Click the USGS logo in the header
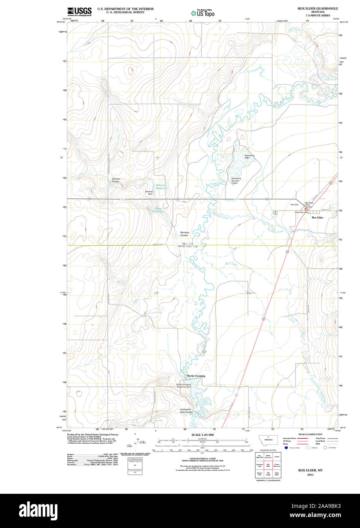[x=80, y=11]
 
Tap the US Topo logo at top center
[x=203, y=13]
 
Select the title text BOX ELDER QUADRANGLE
[x=318, y=8]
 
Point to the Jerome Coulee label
[x=116, y=180]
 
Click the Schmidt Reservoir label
[x=161, y=187]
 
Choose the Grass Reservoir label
[x=159, y=210]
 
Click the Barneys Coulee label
[x=184, y=234]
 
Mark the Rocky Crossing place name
[x=196, y=376]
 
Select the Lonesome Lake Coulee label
[x=186, y=411]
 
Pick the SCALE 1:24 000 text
[x=203, y=435]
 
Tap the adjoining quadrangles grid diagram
[x=268, y=466]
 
